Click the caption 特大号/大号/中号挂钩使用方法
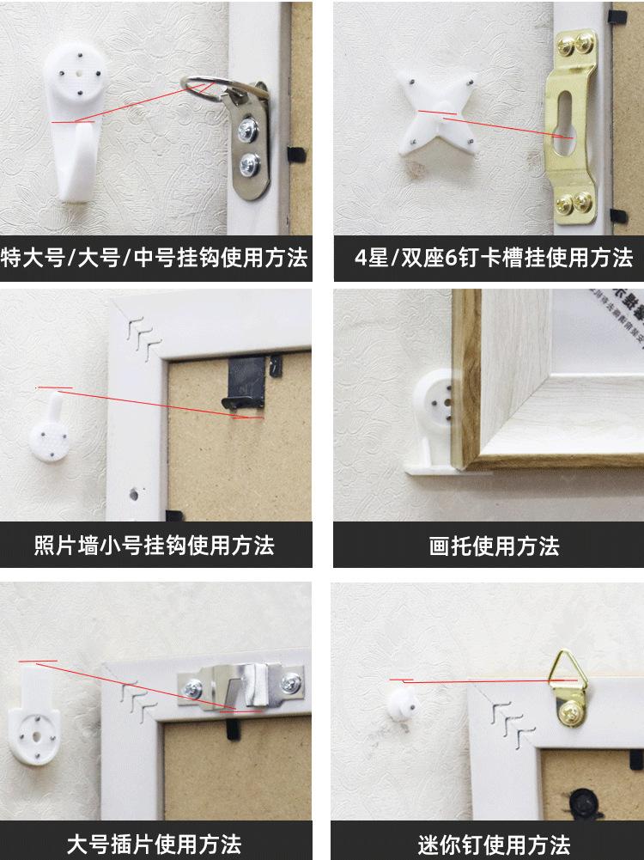point(155,258)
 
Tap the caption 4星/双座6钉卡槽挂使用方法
point(493,258)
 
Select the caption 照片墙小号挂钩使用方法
point(155,546)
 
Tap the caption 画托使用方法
point(494,546)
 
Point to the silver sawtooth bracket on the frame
point(241,686)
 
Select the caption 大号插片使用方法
point(154,845)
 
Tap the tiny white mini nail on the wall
point(403,704)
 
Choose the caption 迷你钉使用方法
point(494,845)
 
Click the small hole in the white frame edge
point(134,494)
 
